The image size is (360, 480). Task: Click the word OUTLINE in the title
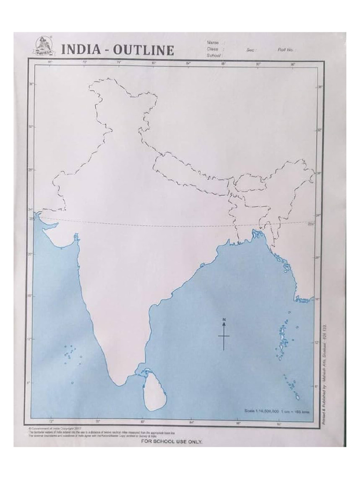[142, 51]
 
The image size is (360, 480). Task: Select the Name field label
[212, 43]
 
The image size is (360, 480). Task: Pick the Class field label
[213, 49]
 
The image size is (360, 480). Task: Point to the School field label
[214, 55]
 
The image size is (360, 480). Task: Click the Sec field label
[250, 49]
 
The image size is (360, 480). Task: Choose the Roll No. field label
[285, 49]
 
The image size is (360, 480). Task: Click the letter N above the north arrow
[224, 320]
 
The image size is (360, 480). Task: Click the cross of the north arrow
[224, 336]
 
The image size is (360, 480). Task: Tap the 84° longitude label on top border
[188, 63]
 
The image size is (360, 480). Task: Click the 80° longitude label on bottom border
[142, 421]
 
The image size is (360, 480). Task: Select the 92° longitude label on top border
[258, 63]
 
